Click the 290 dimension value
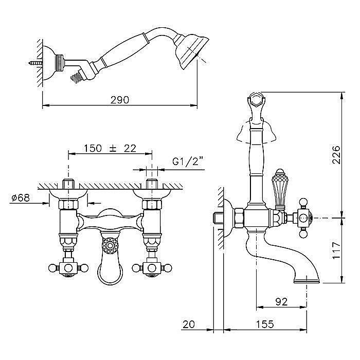click(x=120, y=100)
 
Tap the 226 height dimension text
click(x=336, y=154)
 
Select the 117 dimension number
click(x=336, y=250)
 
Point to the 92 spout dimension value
click(x=281, y=302)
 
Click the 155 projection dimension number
click(x=265, y=324)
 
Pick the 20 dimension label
click(x=189, y=324)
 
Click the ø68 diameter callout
click(x=21, y=197)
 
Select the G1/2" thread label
click(x=188, y=161)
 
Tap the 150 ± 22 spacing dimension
click(x=110, y=148)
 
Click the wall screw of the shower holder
click(x=35, y=62)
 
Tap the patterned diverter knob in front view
click(x=110, y=246)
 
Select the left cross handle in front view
click(x=68, y=268)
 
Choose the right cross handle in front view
click(x=152, y=268)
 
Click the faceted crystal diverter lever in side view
click(x=279, y=189)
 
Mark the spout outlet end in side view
click(x=307, y=281)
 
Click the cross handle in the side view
click(x=303, y=217)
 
